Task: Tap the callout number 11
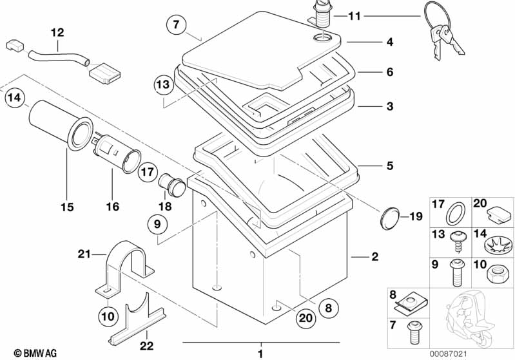click(355, 15)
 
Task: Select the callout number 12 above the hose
click(57, 32)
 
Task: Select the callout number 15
click(68, 207)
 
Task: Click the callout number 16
click(113, 207)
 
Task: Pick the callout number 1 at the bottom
click(260, 354)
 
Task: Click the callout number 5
click(389, 166)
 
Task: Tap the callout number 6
click(389, 72)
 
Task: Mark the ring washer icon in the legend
click(456, 211)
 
